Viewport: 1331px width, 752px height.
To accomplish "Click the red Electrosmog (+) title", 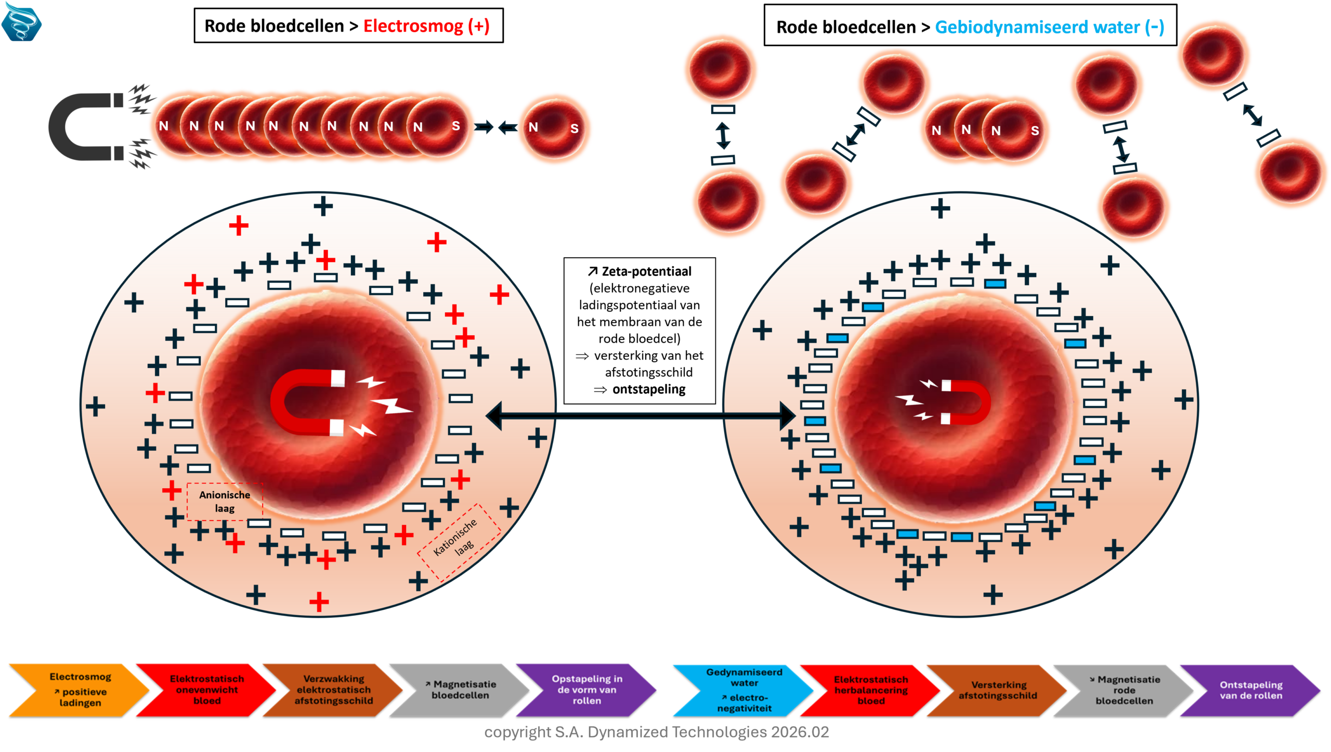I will coord(426,26).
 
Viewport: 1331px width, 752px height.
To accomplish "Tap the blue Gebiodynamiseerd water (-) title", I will coord(1049,27).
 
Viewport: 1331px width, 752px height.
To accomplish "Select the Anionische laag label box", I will coord(225,502).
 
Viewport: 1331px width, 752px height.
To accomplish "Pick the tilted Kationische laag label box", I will coord(459,541).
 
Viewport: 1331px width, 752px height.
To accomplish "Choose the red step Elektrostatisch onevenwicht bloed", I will coord(206,690).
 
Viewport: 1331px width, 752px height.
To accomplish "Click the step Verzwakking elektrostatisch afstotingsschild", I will coord(333,690).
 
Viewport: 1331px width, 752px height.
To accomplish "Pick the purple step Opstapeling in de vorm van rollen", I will coord(586,690).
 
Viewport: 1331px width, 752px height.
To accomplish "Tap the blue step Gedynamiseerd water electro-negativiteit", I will coord(744,690).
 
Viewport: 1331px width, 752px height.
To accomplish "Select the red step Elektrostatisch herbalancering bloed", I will coord(871,690).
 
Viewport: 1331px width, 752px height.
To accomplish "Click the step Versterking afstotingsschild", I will coord(997,690).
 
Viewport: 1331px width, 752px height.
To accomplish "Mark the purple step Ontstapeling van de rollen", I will coord(1250,690).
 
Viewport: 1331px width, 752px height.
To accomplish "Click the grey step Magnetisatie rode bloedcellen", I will coord(1124,690).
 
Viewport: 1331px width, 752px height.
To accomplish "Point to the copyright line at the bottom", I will coord(656,732).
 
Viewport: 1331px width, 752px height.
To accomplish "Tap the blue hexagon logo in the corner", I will coord(21,22).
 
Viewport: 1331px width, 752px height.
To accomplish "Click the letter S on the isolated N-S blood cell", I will coord(574,129).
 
